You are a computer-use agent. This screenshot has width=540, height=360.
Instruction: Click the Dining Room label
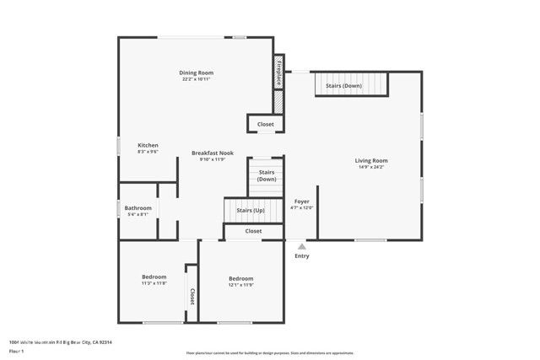coord(196,73)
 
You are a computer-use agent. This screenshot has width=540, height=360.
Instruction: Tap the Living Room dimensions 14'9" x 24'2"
coord(371,167)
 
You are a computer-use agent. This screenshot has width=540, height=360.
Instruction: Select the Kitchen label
coord(148,145)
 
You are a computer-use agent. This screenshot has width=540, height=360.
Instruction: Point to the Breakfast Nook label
coord(212,153)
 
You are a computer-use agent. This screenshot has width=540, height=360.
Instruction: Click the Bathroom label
coord(138,207)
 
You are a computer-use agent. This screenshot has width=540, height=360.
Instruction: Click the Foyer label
coord(301,201)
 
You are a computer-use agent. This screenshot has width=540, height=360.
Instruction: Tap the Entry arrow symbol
coord(301,246)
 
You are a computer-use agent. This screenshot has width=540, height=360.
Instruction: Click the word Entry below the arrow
coord(301,256)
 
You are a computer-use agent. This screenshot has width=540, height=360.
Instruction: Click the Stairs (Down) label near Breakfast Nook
coord(267,175)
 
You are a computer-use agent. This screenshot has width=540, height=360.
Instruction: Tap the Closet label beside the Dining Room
coord(266,124)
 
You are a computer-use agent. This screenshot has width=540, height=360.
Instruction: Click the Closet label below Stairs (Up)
coord(253,230)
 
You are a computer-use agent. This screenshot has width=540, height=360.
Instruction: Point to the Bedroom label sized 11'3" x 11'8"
coord(154,277)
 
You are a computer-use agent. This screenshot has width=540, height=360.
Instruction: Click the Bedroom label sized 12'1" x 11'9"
coord(240,278)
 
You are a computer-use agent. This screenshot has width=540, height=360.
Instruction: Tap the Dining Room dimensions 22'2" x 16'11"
coord(196,79)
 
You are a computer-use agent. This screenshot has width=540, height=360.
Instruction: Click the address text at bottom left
coord(61,342)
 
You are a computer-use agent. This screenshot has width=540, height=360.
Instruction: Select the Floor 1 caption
coord(16,351)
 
